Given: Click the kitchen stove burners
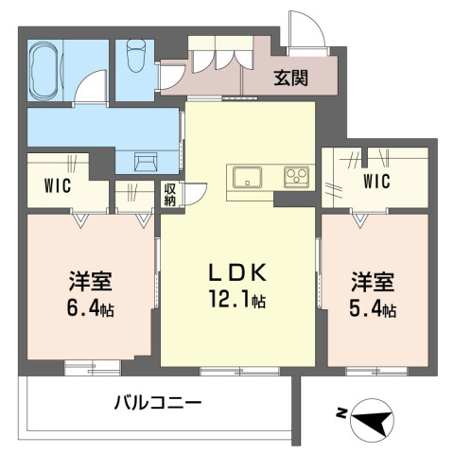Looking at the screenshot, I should click(295, 176).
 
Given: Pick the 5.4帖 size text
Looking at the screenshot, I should click(371, 309).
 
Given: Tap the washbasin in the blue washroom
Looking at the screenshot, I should click(146, 160).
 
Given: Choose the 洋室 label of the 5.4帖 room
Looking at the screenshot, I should click(371, 283).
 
